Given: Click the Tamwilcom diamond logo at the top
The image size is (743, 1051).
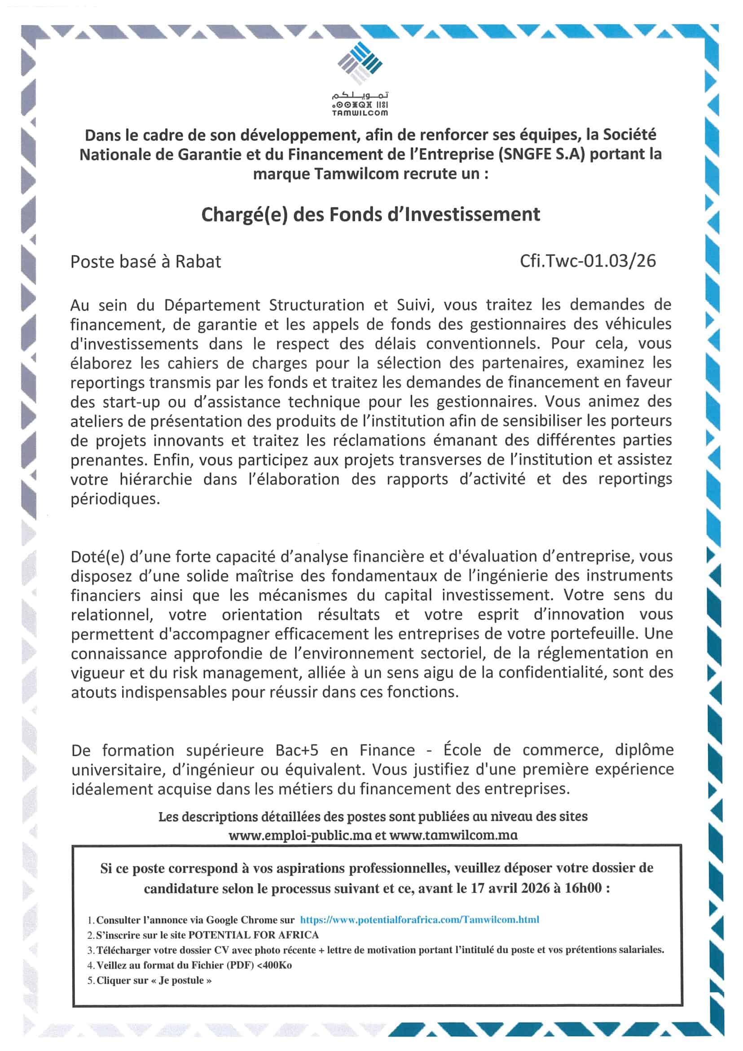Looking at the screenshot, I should click(x=360, y=63).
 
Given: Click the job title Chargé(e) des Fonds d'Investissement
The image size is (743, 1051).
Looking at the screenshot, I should click(x=370, y=214).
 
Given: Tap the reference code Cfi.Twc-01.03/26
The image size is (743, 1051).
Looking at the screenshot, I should click(x=588, y=261).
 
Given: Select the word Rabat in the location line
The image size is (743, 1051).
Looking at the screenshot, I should click(x=198, y=261).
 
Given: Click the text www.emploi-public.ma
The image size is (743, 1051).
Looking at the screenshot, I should click(x=301, y=835).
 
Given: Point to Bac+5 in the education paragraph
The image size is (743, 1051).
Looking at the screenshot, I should click(x=297, y=750).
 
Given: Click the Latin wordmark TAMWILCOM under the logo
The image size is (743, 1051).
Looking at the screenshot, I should click(x=360, y=113).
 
